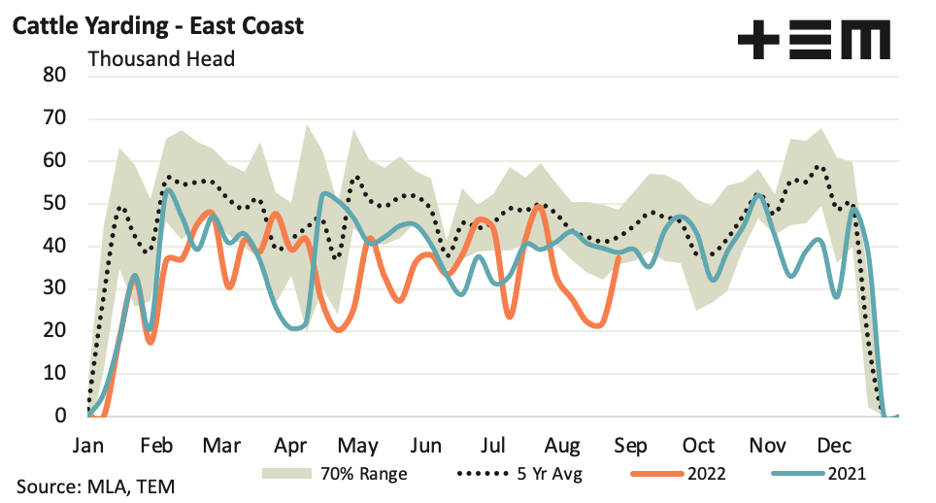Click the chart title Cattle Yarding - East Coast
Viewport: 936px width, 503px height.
[x=157, y=25]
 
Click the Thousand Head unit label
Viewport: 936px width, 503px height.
[x=161, y=58]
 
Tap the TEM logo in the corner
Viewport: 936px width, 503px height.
[x=813, y=41]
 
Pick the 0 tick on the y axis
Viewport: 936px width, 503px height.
[x=60, y=417]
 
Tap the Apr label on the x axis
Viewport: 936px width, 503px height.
[x=290, y=446]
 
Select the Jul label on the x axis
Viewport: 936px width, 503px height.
[x=493, y=446]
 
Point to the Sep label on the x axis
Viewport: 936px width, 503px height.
[x=630, y=446]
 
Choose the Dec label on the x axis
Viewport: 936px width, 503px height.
[x=834, y=446]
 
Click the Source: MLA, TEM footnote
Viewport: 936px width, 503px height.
[x=95, y=485]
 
